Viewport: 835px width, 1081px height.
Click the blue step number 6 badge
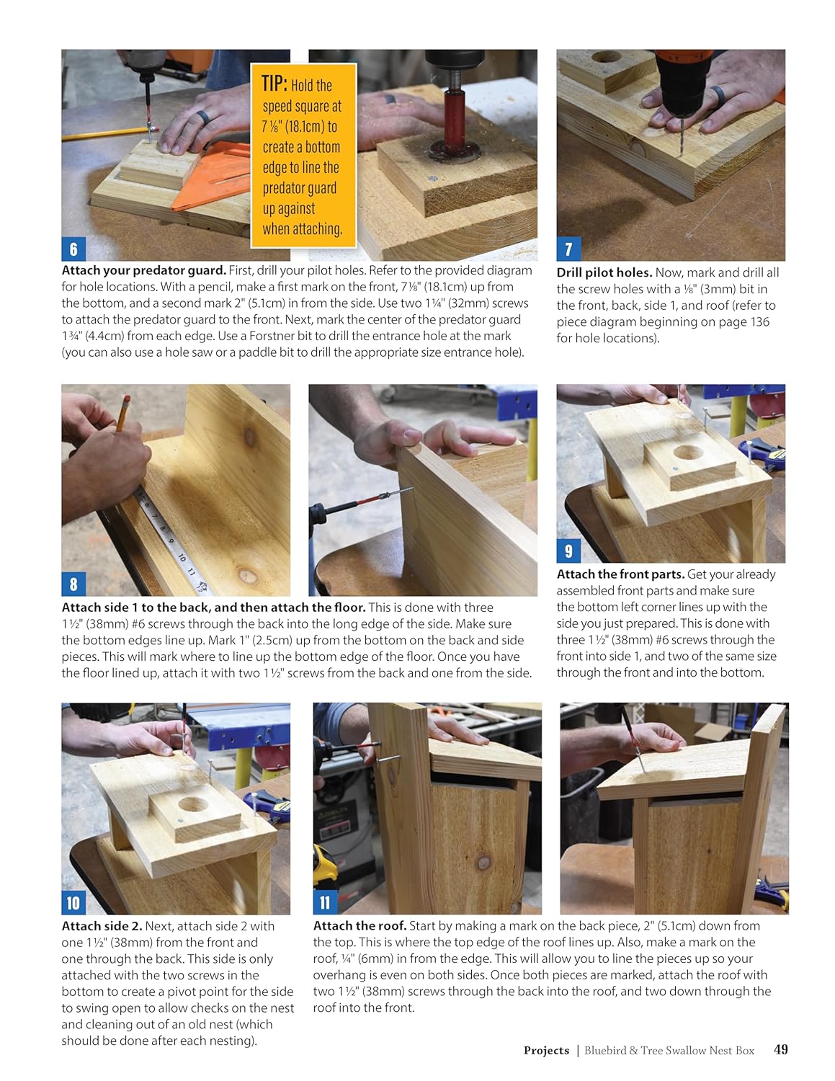[73, 249]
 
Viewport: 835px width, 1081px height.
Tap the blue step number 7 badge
[568, 249]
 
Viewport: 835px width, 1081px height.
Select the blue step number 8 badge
[73, 584]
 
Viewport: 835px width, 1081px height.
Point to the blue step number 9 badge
[568, 551]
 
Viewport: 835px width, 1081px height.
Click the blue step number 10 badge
[73, 902]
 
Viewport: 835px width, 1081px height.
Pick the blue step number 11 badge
[325, 902]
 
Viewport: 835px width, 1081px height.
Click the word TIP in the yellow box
[274, 84]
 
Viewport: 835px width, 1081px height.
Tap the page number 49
[781, 1049]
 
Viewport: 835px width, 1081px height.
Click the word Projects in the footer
[546, 1050]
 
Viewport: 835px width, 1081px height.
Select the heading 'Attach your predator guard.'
[143, 271]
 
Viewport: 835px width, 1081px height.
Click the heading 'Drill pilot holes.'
[604, 272]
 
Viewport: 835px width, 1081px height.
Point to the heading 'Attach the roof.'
[360, 926]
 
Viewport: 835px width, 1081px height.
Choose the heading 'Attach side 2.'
[102, 926]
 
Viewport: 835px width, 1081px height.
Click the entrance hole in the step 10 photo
[192, 804]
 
